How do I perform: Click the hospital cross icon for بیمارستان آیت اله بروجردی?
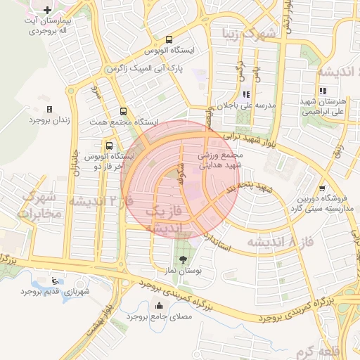[x=46, y=11]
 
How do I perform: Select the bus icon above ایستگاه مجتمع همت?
[x=124, y=111]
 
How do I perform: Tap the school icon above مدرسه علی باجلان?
[x=245, y=94]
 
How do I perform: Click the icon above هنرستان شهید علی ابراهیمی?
[x=322, y=91]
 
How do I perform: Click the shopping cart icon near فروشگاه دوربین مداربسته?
[x=322, y=188]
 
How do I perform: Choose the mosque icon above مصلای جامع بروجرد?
[x=157, y=306]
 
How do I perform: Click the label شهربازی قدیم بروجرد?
[x=56, y=290]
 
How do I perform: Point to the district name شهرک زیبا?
[x=245, y=33]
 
